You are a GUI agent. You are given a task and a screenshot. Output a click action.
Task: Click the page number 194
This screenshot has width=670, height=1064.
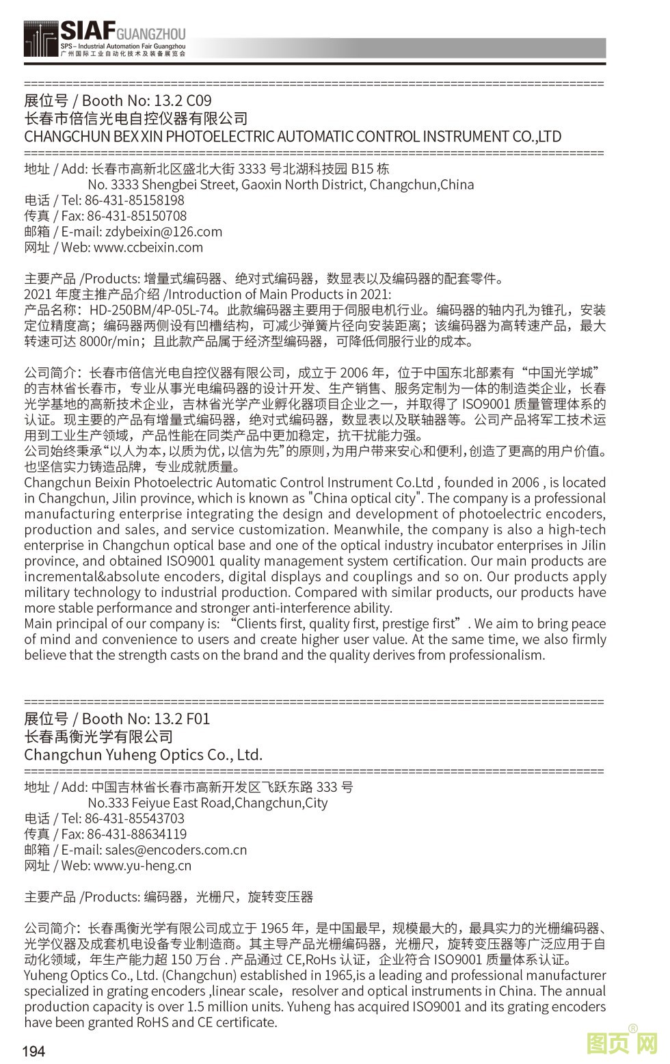[34, 1051]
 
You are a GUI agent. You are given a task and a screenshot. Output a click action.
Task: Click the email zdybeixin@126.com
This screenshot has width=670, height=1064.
[163, 232]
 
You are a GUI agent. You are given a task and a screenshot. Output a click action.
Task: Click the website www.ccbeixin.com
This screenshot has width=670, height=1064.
[148, 248]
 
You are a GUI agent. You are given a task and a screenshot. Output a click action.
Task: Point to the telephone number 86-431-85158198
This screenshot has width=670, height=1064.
[135, 200]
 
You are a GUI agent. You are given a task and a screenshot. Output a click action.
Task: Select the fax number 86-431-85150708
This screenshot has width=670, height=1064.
[137, 216]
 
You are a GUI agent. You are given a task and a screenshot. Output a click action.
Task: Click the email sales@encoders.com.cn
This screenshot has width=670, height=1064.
[176, 850]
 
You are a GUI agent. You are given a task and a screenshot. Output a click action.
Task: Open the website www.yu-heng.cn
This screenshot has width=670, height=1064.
[142, 866]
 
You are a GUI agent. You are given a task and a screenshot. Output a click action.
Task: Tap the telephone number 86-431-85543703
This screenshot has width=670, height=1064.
[135, 819]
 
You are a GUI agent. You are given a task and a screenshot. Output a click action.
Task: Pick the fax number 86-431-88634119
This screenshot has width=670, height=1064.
[137, 834]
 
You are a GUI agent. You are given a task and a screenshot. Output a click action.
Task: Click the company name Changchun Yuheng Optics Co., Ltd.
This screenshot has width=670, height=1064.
[143, 755]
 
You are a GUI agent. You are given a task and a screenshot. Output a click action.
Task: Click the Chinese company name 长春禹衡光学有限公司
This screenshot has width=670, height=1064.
[98, 736]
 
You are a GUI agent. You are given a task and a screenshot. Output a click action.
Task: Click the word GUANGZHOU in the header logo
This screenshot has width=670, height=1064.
[151, 34]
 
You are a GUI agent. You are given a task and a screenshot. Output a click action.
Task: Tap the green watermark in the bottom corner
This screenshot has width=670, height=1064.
[622, 1044]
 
